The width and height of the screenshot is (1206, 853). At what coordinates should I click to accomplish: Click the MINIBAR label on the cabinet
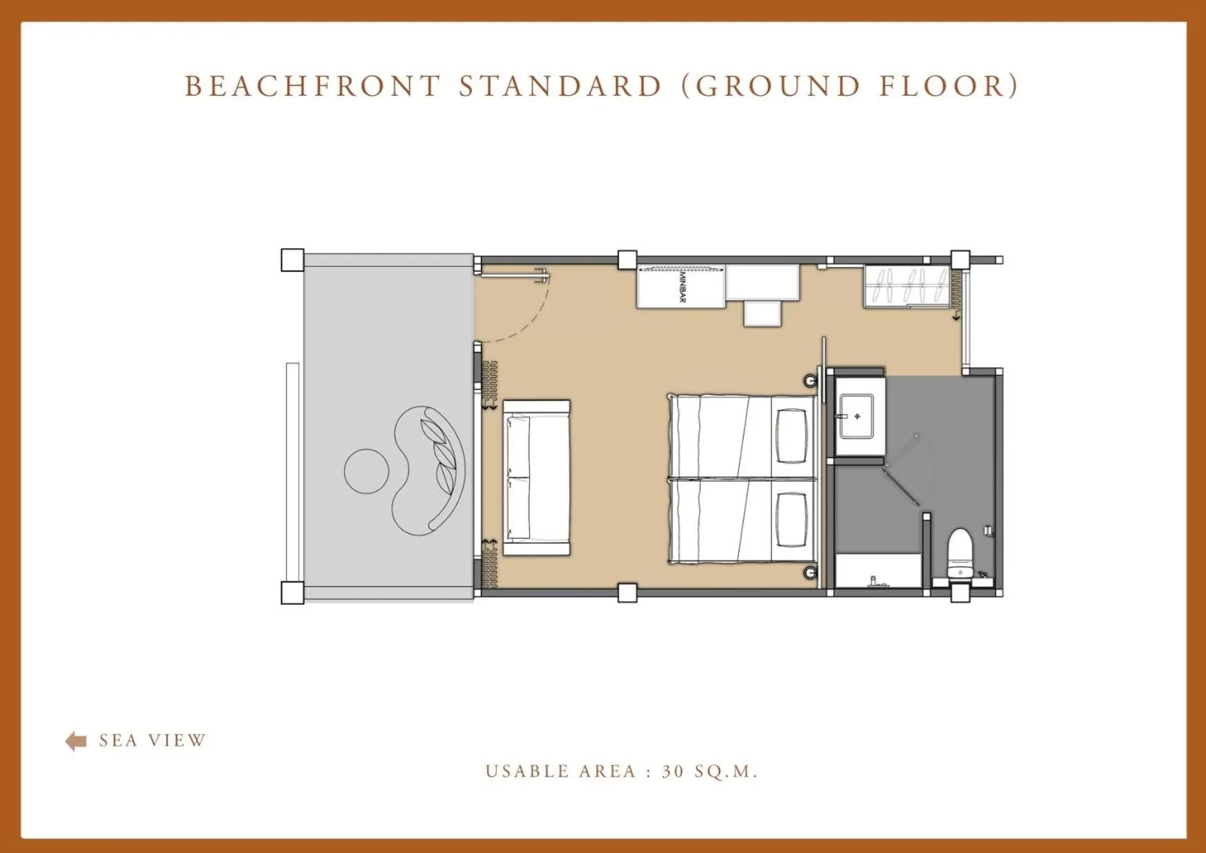682,287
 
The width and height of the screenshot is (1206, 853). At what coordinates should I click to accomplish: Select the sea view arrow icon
76,741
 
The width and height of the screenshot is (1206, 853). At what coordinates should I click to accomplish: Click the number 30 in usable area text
673,772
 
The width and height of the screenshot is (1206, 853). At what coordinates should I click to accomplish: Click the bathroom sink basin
856,416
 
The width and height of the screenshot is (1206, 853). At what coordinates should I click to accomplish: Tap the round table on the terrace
366,471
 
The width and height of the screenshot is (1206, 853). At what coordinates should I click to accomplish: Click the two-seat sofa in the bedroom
537,478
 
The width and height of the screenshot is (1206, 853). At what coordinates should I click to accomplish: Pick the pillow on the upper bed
791,435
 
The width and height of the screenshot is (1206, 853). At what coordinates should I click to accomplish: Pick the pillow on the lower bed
791,520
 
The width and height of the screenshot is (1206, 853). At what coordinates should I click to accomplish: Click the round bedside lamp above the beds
810,380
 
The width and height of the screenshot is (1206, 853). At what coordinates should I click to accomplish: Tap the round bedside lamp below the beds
810,572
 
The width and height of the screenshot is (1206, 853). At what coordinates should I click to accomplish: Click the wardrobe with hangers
906,285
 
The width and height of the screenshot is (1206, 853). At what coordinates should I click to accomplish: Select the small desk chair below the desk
762,313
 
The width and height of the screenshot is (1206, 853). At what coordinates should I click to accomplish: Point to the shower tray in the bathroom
878,571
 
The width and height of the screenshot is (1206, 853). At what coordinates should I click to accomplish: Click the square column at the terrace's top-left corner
292,260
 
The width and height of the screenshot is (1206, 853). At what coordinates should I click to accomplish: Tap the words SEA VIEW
152,741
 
